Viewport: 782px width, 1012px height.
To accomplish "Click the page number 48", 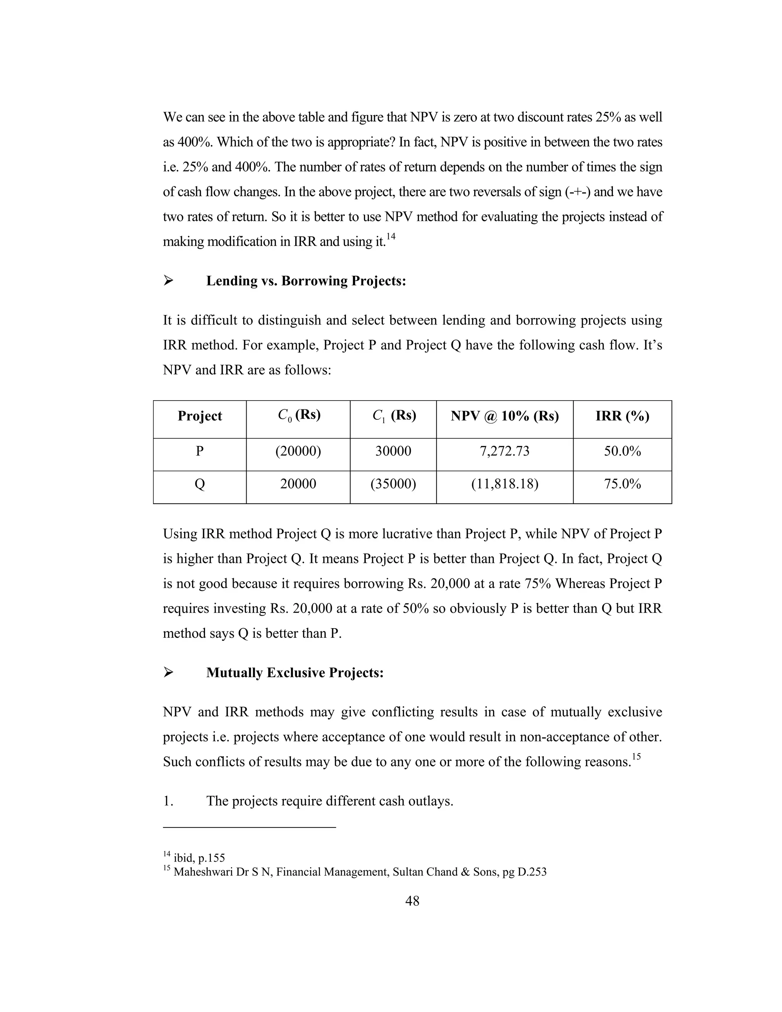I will pos(412,901).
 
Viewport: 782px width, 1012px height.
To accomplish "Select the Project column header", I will pos(200,415).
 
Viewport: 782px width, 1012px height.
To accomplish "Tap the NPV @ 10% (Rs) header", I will pos(504,415).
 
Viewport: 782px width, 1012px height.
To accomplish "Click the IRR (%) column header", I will pos(622,415).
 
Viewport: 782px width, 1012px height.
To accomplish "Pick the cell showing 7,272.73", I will pos(504,451).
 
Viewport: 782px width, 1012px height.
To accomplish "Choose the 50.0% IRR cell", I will pos(622,451).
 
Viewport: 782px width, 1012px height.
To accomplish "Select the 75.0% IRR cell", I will pos(622,484).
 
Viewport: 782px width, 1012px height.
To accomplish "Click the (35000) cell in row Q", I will pos(393,484).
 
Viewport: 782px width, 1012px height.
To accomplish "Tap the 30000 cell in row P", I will pos(393,451).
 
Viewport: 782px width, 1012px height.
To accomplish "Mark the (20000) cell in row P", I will pos(298,451).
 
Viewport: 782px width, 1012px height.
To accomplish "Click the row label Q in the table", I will pos(200,484).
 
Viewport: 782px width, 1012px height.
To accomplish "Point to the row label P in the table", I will pos(200,451).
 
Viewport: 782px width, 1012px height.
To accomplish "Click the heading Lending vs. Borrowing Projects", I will pos(306,281).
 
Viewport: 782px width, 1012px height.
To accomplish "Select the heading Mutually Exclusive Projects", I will pos(295,673).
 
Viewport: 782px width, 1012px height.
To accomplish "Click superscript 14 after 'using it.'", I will pos(391,237).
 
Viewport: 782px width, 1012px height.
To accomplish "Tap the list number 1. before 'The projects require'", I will pos(168,801).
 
